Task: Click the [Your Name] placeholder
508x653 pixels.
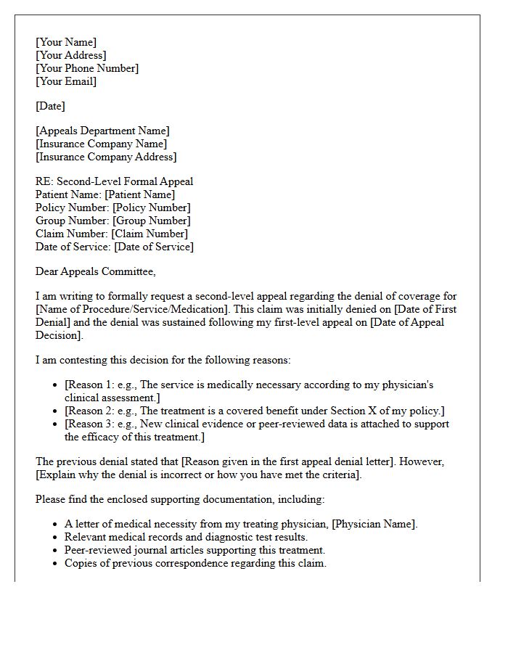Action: tap(66, 42)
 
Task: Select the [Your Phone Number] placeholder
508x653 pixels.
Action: tap(87, 68)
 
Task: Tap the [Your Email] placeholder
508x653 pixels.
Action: tap(66, 81)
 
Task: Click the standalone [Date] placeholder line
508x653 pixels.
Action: tap(50, 106)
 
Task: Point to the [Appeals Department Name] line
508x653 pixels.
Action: tap(102, 131)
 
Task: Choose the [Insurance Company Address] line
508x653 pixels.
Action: tap(106, 157)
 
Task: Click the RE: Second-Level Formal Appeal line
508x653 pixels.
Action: tap(114, 181)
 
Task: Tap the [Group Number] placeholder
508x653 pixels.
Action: tap(151, 221)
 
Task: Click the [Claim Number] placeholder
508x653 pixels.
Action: tap(149, 234)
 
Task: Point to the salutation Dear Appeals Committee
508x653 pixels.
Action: tap(95, 271)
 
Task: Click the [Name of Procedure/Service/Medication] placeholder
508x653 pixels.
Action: tap(132, 309)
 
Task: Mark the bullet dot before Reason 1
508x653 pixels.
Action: tap(57, 385)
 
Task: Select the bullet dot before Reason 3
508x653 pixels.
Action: tap(57, 424)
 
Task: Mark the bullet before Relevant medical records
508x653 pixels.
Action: tap(57, 538)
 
